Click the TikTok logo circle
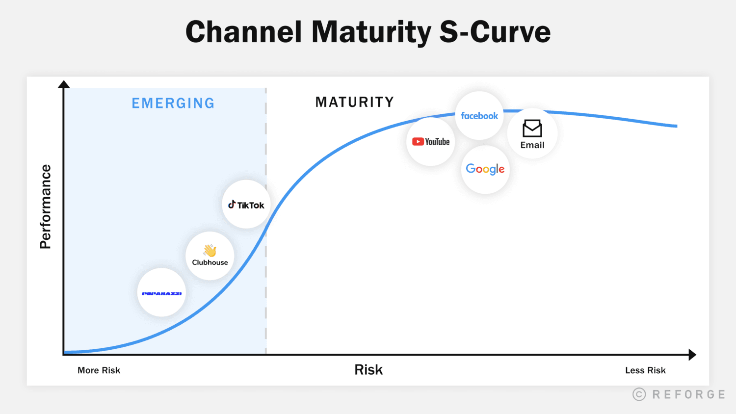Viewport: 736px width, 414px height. [x=246, y=205]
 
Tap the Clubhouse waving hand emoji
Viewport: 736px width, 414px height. [x=210, y=251]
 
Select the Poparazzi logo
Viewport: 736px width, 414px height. [x=161, y=293]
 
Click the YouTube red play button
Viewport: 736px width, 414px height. [x=418, y=142]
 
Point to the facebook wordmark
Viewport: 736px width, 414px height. [x=479, y=116]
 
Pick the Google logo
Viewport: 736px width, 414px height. [x=485, y=169]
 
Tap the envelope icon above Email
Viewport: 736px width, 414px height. [x=532, y=129]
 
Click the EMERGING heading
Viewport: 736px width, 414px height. [x=173, y=103]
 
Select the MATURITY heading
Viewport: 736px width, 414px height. [x=355, y=102]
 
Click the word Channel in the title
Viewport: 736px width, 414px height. [x=243, y=32]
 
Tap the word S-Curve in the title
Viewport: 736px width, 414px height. [x=495, y=32]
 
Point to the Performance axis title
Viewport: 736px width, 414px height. [x=45, y=207]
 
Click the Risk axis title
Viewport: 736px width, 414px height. [x=368, y=370]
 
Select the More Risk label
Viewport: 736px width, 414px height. [x=99, y=370]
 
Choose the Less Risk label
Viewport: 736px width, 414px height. [x=645, y=370]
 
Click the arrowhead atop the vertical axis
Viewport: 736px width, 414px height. [x=64, y=84]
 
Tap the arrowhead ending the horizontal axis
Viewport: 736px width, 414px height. [x=692, y=355]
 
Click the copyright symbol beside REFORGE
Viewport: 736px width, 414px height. [x=639, y=394]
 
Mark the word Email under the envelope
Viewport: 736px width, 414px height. [x=532, y=145]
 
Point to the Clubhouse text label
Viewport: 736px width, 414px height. [x=210, y=262]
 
